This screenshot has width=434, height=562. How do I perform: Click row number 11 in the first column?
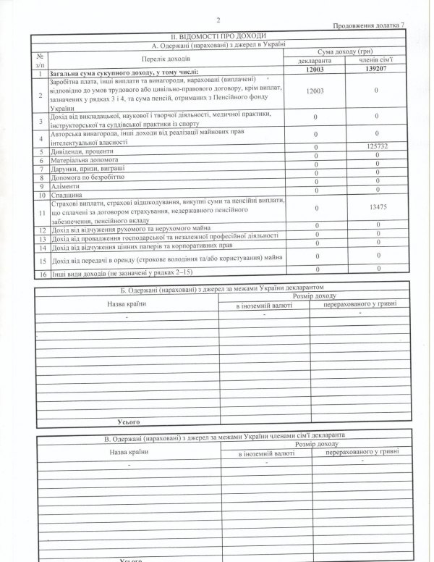pyautogui.click(x=42, y=211)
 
